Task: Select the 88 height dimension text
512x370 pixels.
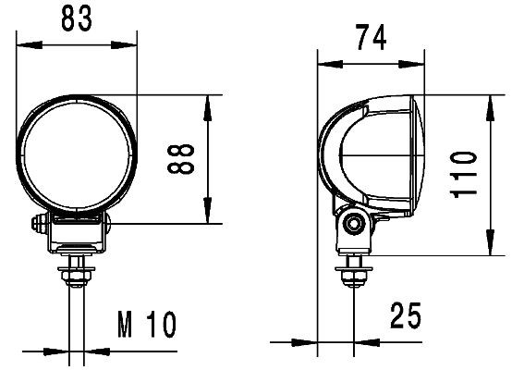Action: [x=181, y=159]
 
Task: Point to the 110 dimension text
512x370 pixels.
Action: [x=465, y=174]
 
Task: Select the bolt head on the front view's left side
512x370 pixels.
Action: [x=37, y=225]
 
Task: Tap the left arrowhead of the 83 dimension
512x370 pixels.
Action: [x=25, y=43]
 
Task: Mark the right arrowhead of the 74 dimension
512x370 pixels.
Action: [x=419, y=64]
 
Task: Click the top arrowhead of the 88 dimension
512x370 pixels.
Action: [x=211, y=101]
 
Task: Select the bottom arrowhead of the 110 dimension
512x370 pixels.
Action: [x=488, y=250]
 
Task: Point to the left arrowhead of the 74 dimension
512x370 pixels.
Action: [x=323, y=64]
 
